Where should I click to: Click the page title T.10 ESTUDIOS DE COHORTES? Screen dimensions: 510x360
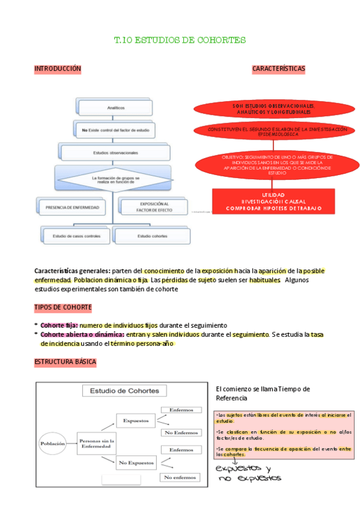coord(180,40)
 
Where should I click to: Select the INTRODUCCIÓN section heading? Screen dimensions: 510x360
coord(57,69)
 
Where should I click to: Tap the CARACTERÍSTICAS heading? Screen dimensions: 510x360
coord(278,69)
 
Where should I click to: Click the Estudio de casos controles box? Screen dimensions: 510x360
coord(76,236)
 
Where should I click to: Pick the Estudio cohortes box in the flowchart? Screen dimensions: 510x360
coord(152,236)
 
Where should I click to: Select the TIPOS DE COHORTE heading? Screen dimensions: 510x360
coord(63,307)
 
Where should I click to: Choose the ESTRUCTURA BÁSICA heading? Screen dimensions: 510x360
coord(65,362)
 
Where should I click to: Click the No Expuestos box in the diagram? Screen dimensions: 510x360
coord(136,462)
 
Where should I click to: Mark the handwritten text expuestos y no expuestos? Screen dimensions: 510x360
coord(246,473)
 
